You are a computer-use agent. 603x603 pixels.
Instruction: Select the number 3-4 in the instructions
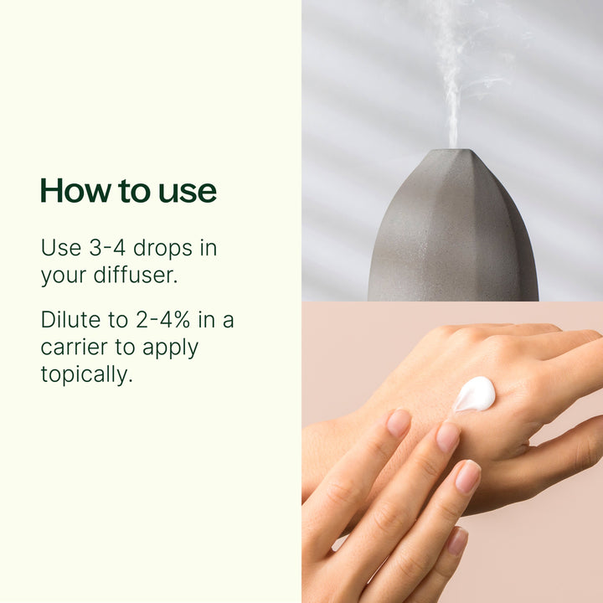[x=101, y=249]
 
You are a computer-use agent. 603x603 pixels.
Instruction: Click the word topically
[x=86, y=374]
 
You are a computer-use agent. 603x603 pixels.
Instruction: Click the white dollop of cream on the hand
[x=475, y=394]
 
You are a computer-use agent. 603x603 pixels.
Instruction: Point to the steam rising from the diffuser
[x=452, y=75]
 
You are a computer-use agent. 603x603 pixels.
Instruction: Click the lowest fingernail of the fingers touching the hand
[x=457, y=540]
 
